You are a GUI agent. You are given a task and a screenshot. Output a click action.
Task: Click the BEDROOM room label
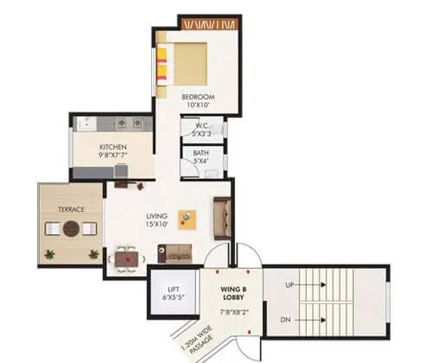pos(198,96)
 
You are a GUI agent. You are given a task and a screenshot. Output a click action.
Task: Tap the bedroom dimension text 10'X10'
pos(198,105)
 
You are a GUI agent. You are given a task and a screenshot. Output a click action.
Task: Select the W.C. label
pos(200,123)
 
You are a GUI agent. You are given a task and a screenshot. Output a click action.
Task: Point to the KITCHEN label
pos(113,148)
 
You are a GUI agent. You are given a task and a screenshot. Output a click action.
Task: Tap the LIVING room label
pos(155,218)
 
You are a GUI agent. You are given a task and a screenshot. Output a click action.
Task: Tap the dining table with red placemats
pos(127,255)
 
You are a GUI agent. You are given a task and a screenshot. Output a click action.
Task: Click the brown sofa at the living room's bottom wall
pos(179,252)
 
